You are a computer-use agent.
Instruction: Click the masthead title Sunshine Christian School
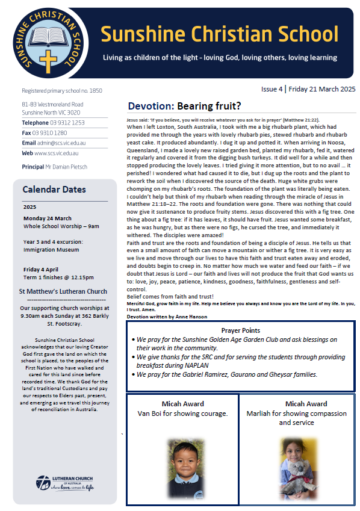click(219, 34)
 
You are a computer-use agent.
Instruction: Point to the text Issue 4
click(272, 89)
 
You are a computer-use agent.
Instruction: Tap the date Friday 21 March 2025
click(322, 89)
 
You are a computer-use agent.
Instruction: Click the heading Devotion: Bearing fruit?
click(184, 107)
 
